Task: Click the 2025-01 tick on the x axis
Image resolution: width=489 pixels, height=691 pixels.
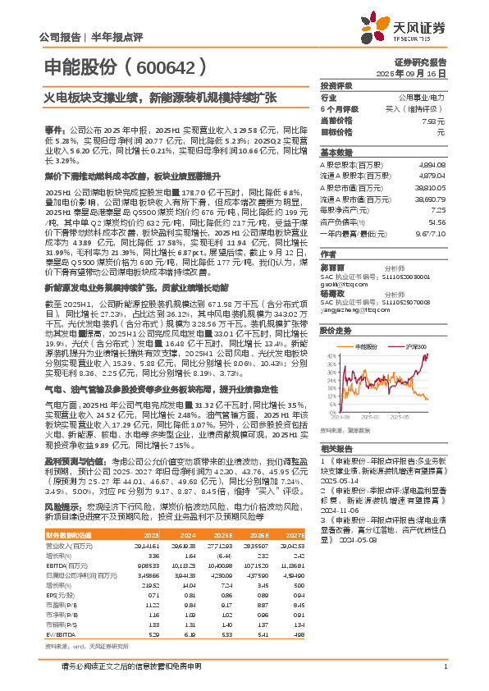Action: click(x=375, y=416)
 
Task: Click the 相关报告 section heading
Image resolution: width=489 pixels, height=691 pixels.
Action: click(x=337, y=450)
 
